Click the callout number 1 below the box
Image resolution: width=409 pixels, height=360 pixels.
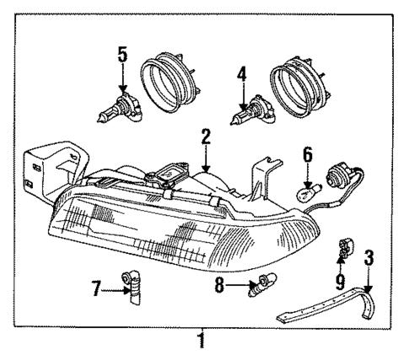tap(201, 341)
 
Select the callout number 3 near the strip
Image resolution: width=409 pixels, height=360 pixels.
tap(368, 257)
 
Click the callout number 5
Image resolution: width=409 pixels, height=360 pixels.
tap(122, 55)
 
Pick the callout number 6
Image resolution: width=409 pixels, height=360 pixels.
tap(308, 154)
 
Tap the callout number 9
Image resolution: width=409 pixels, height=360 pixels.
tap(342, 278)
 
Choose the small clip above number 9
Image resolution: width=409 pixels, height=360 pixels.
tap(344, 250)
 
